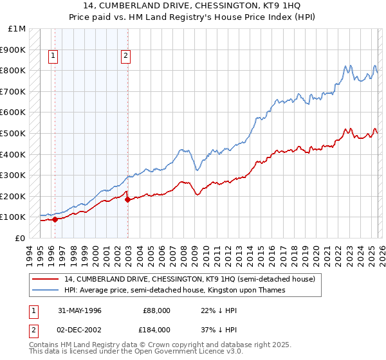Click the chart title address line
pos(192,5)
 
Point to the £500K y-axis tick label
pos(14,133)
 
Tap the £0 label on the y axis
pos(20,238)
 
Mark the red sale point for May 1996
pos(55,219)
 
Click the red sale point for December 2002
pos(127,199)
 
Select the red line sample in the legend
pos(45,280)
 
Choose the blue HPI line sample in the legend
pos(45,291)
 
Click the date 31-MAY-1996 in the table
pos(79,310)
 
